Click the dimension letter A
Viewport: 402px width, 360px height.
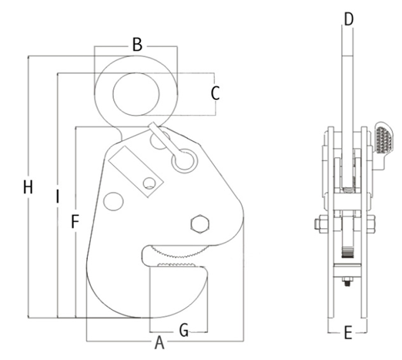pyautogui.click(x=159, y=341)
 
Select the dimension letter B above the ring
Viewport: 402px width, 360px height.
pyautogui.click(x=136, y=45)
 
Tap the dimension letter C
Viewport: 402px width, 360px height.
pyautogui.click(x=216, y=94)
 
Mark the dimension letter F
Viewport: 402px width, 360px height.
pyautogui.click(x=75, y=223)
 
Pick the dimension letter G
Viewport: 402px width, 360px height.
pyautogui.click(x=183, y=330)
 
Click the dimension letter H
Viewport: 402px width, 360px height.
pyautogui.click(x=28, y=187)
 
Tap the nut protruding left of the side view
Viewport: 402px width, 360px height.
pyautogui.click(x=317, y=226)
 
